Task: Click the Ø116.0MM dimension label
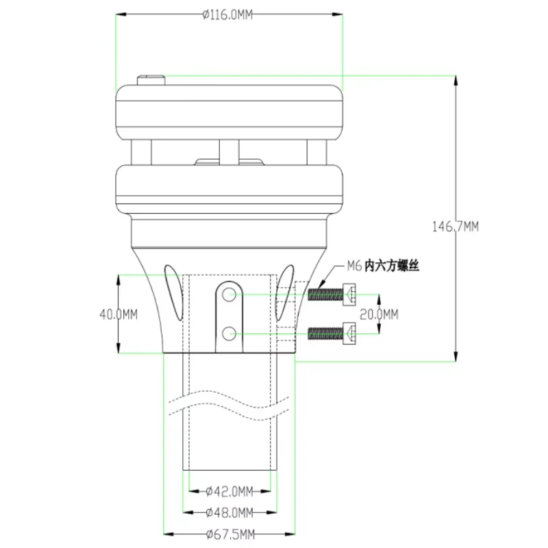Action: pos(227,14)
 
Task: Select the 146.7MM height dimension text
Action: pos(456,227)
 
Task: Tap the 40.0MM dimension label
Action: pos(119,314)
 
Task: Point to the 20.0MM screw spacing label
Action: pos(379,314)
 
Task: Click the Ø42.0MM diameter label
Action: pos(229,491)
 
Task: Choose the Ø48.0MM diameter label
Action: pos(229,512)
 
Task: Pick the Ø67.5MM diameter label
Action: pos(230,534)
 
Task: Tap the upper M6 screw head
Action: pos(349,295)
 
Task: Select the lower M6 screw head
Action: pos(349,334)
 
